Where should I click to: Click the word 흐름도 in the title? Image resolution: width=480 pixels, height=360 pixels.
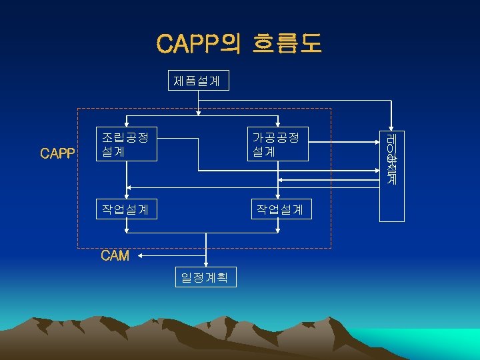coord(287,43)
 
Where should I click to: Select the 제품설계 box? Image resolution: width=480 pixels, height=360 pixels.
coord(197,81)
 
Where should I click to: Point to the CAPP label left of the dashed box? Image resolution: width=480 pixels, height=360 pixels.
coord(57,154)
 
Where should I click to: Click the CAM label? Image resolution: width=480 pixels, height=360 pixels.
coord(115,256)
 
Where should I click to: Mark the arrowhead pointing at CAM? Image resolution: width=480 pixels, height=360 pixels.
coord(143,255)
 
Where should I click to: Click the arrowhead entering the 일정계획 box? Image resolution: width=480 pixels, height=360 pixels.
coord(207,264)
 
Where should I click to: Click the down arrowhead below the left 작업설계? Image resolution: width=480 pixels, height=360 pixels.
coord(127,229)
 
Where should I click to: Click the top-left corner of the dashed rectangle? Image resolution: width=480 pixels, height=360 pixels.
coord(78,109)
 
